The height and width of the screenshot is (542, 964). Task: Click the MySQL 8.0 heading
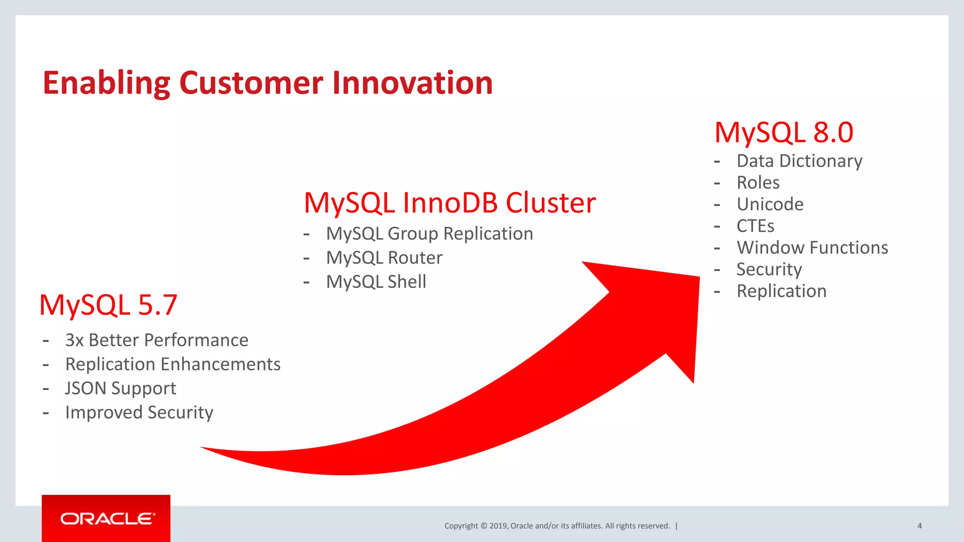coord(784,133)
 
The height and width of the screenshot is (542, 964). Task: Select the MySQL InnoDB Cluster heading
coord(450,203)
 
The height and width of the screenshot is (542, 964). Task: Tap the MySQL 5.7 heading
coord(108,305)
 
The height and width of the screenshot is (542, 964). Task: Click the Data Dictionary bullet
coord(799,161)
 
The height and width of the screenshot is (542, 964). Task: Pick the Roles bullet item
coord(758,183)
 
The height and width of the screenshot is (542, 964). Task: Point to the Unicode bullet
coord(770,204)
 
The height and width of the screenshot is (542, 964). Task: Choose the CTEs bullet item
coord(755,226)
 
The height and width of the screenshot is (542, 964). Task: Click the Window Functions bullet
coord(812,247)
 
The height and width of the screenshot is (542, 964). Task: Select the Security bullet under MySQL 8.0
coord(769,269)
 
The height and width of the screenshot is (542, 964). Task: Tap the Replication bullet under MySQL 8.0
coord(781,291)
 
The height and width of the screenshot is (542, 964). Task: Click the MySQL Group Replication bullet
coord(429,234)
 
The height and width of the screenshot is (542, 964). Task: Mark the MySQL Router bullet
coord(384,258)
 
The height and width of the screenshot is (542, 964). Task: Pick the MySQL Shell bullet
coord(376,282)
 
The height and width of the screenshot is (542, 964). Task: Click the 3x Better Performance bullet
coord(157,340)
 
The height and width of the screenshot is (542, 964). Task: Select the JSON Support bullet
coord(120,388)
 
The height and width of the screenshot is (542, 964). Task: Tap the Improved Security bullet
coord(139,413)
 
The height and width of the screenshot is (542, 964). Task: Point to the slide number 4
coord(919,526)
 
